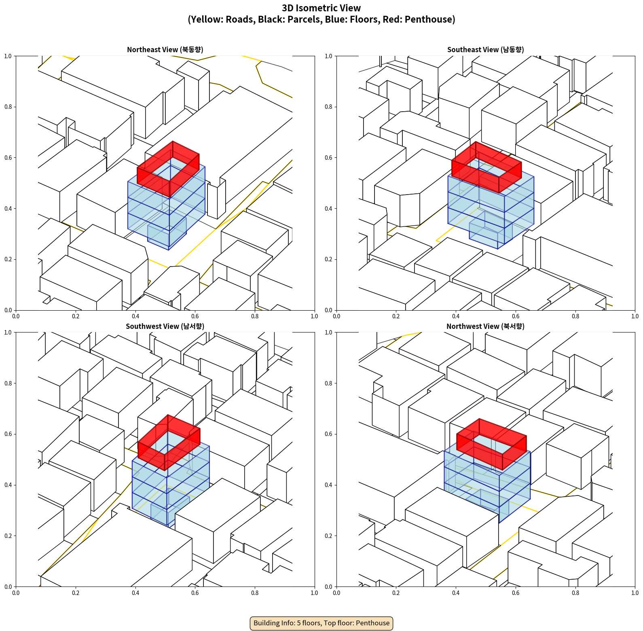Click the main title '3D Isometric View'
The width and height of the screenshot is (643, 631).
coord(321,8)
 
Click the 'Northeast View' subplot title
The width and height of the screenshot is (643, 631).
coord(165,50)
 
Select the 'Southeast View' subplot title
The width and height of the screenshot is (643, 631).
coord(485,50)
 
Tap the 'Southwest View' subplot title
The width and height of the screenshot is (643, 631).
coord(165,326)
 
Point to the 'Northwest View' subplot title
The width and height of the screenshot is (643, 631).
coord(485,326)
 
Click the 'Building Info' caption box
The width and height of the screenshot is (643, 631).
coord(321,623)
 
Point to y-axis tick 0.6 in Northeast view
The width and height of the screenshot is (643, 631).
coord(8,158)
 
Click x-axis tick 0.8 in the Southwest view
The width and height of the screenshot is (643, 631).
coord(255,593)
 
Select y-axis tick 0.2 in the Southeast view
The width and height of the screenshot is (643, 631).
coord(329,259)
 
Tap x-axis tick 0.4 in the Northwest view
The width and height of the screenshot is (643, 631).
coord(456,593)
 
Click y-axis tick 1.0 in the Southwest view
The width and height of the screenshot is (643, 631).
coord(8,332)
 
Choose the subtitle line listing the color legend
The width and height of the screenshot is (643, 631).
coord(321,19)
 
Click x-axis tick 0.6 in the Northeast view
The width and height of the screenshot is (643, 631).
coord(195,316)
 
